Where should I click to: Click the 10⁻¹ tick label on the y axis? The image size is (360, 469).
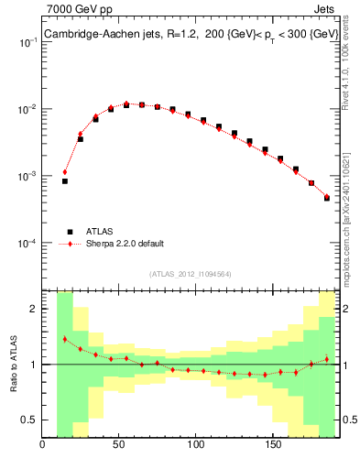click(x=27, y=42)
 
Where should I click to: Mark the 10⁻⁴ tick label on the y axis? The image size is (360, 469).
click(x=27, y=244)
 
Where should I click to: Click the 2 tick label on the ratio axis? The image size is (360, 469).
click(x=34, y=309)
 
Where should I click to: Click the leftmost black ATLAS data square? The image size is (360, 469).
click(x=65, y=181)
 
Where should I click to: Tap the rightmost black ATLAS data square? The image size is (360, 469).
click(x=326, y=198)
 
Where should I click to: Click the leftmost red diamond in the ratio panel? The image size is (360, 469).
click(x=65, y=339)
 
